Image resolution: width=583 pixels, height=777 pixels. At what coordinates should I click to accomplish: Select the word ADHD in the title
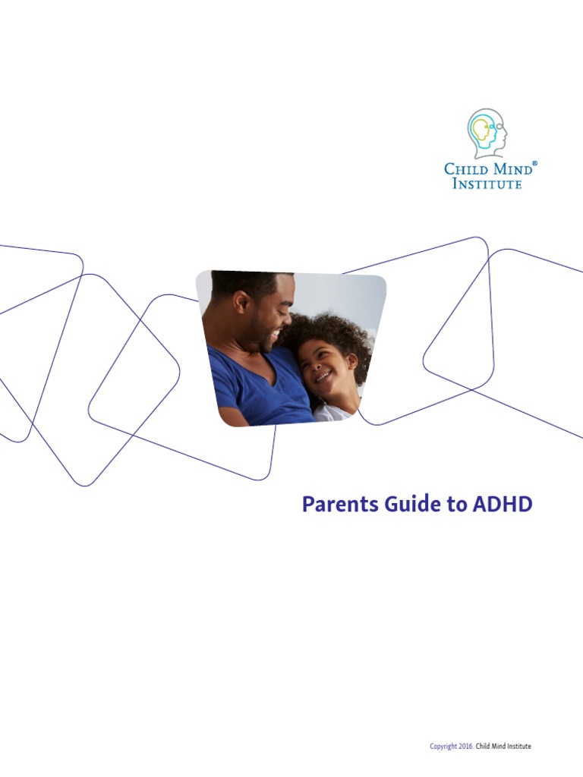pyautogui.click(x=504, y=505)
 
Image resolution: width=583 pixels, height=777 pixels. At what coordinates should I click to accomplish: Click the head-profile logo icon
pyautogui.click(x=487, y=134)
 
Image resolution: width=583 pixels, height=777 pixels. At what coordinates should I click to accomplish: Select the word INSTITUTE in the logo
pyautogui.click(x=487, y=184)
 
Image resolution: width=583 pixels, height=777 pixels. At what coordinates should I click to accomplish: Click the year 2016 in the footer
pyautogui.click(x=465, y=747)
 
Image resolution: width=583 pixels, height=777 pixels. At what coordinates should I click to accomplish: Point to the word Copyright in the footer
pyautogui.click(x=443, y=747)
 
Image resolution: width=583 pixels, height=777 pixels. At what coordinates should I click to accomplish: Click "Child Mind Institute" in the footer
pyautogui.click(x=503, y=747)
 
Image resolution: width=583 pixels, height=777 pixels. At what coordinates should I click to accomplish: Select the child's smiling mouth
pyautogui.click(x=322, y=377)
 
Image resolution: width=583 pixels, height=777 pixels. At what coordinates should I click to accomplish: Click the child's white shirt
pyautogui.click(x=332, y=414)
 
